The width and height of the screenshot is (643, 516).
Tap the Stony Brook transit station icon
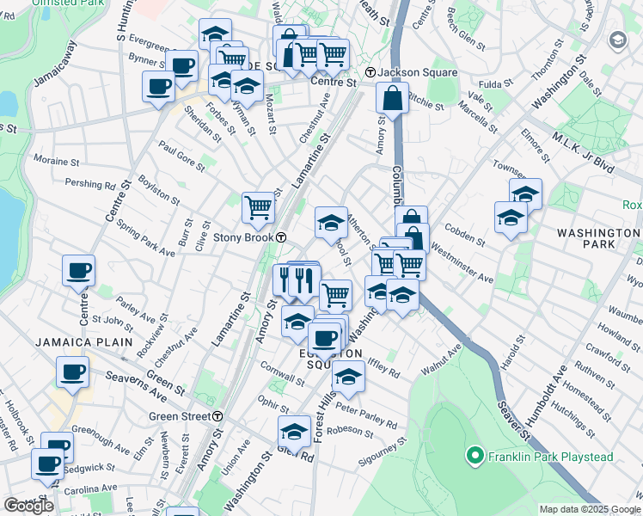pos(281,237)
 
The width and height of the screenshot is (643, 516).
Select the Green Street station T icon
pos(218,416)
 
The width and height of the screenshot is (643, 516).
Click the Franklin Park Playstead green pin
pos(472,454)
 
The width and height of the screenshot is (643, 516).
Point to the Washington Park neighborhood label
pos(598,241)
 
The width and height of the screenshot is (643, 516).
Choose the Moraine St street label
pos(56,161)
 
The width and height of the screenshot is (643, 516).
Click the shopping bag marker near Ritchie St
pos(392,98)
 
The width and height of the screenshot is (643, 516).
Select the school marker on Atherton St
pos(331,222)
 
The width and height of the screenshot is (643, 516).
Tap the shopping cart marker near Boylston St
pos(258,206)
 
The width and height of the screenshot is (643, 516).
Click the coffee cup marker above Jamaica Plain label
pos(78,270)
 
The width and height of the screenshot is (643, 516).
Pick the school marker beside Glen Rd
pos(294,431)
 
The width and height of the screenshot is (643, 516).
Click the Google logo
pos(28,506)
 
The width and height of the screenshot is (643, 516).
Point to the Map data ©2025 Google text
pos(589,509)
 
